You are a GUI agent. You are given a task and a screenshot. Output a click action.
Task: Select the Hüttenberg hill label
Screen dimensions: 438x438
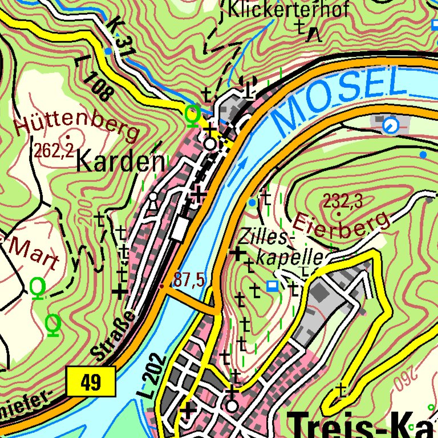77,124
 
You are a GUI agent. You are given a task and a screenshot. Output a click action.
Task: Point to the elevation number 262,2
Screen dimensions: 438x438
53,151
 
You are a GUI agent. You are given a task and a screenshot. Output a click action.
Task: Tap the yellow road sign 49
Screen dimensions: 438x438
91,380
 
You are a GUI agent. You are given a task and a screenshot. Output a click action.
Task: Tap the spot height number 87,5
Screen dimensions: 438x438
189,279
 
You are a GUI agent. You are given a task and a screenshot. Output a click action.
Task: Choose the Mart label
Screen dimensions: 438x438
34,253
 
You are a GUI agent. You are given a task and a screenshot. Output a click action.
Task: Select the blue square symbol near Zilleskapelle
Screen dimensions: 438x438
273,285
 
